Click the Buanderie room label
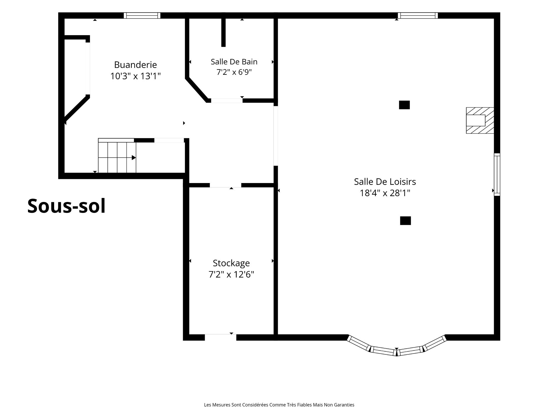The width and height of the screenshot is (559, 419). click(x=135, y=65)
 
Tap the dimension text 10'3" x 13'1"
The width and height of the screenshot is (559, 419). click(x=135, y=76)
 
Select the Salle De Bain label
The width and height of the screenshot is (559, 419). click(x=234, y=62)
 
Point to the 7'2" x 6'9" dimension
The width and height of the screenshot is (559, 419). click(x=234, y=72)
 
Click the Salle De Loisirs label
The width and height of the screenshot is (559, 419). click(x=385, y=182)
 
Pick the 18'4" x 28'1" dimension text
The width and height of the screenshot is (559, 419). click(x=385, y=193)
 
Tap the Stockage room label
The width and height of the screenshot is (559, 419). click(x=231, y=263)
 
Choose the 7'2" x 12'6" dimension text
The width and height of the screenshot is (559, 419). click(x=231, y=274)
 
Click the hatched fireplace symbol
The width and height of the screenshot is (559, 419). click(x=480, y=120)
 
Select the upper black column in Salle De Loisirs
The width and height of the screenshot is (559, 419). click(x=404, y=105)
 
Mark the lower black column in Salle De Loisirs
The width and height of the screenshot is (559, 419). click(x=405, y=221)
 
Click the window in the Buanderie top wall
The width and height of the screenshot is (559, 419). click(x=142, y=15)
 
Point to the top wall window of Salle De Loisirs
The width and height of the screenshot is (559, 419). click(x=418, y=15)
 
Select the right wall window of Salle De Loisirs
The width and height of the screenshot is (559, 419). click(x=497, y=175)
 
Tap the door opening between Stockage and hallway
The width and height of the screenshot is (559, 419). click(x=226, y=185)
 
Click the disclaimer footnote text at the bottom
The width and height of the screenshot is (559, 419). click(x=279, y=405)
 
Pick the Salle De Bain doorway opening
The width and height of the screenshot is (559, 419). click(x=227, y=101)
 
